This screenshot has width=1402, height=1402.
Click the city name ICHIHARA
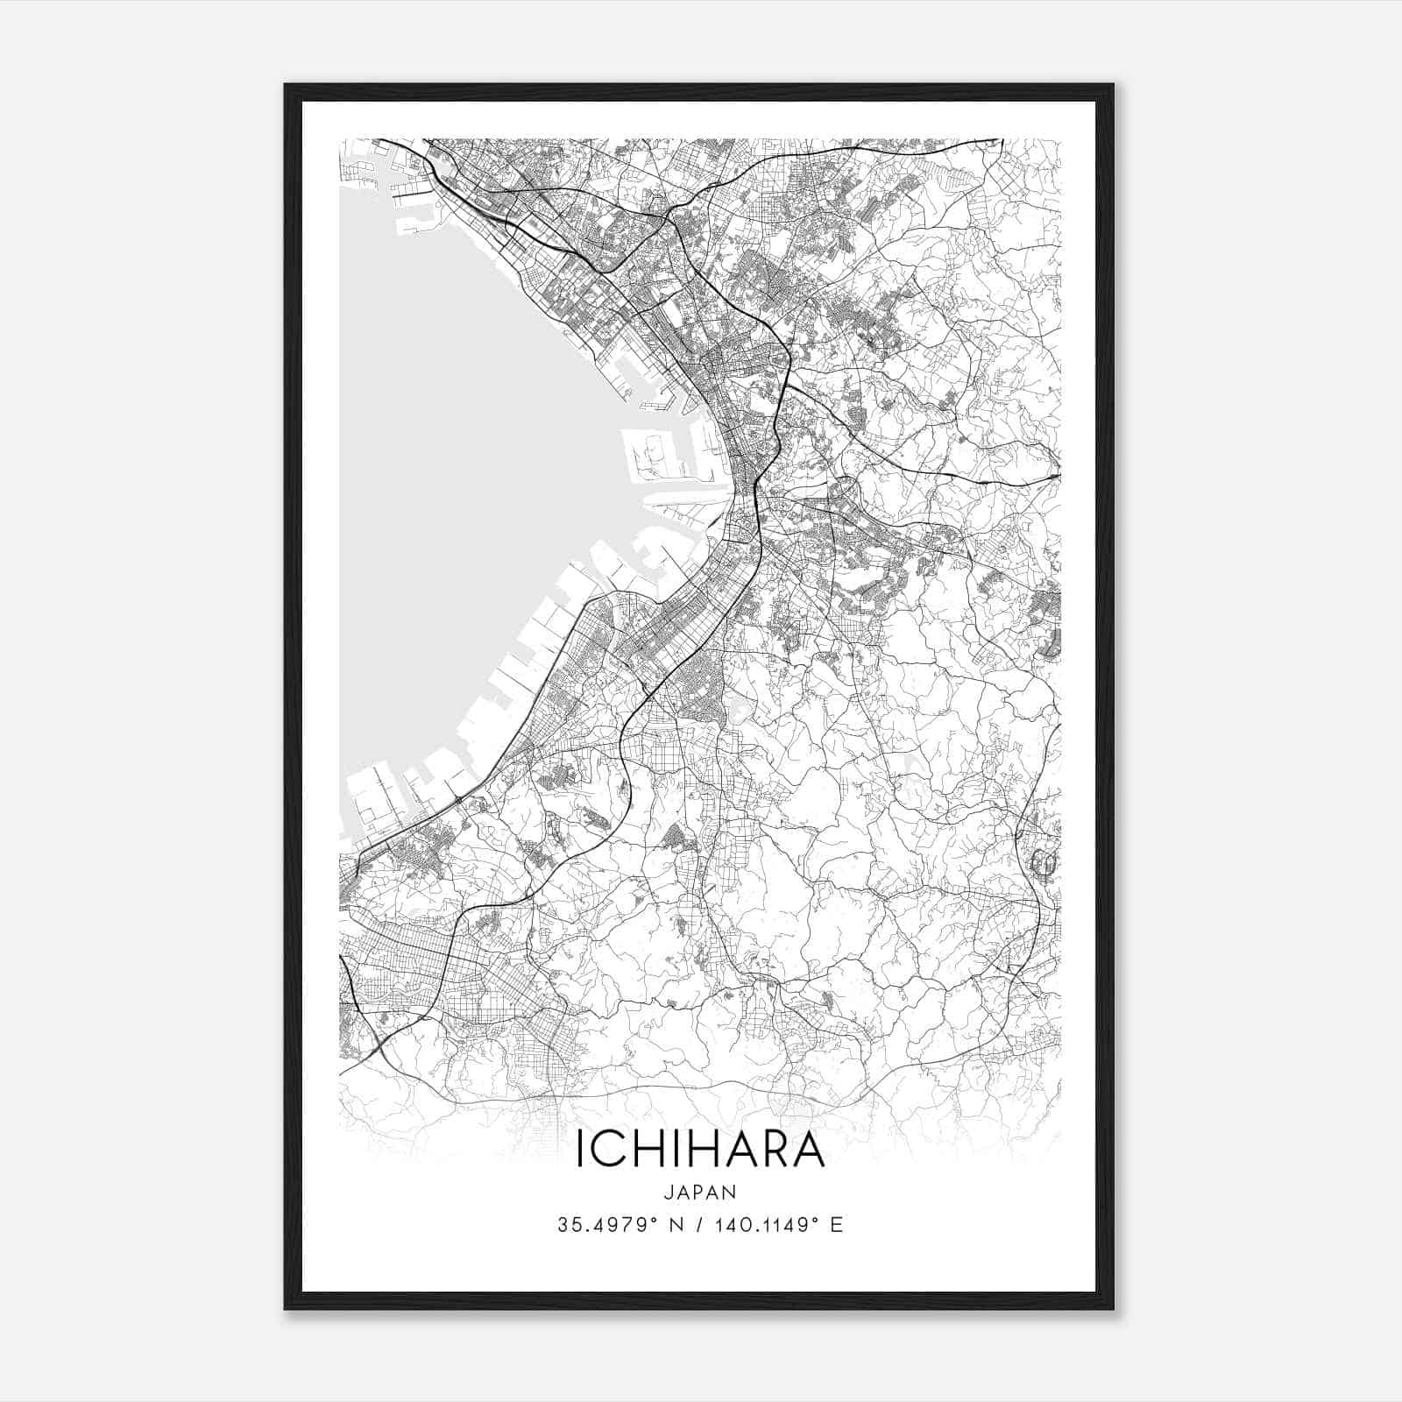700,1151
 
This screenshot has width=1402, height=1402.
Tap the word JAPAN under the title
700,1192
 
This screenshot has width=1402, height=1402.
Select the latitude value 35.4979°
608,1225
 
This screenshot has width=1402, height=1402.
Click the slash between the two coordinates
697,1225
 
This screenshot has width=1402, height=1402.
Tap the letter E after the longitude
837,1225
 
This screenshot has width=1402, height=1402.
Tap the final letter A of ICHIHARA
807,1151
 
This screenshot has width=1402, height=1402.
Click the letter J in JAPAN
668,1192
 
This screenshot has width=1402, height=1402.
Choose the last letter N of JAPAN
731,1192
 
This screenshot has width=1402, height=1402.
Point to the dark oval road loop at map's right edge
1044,864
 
